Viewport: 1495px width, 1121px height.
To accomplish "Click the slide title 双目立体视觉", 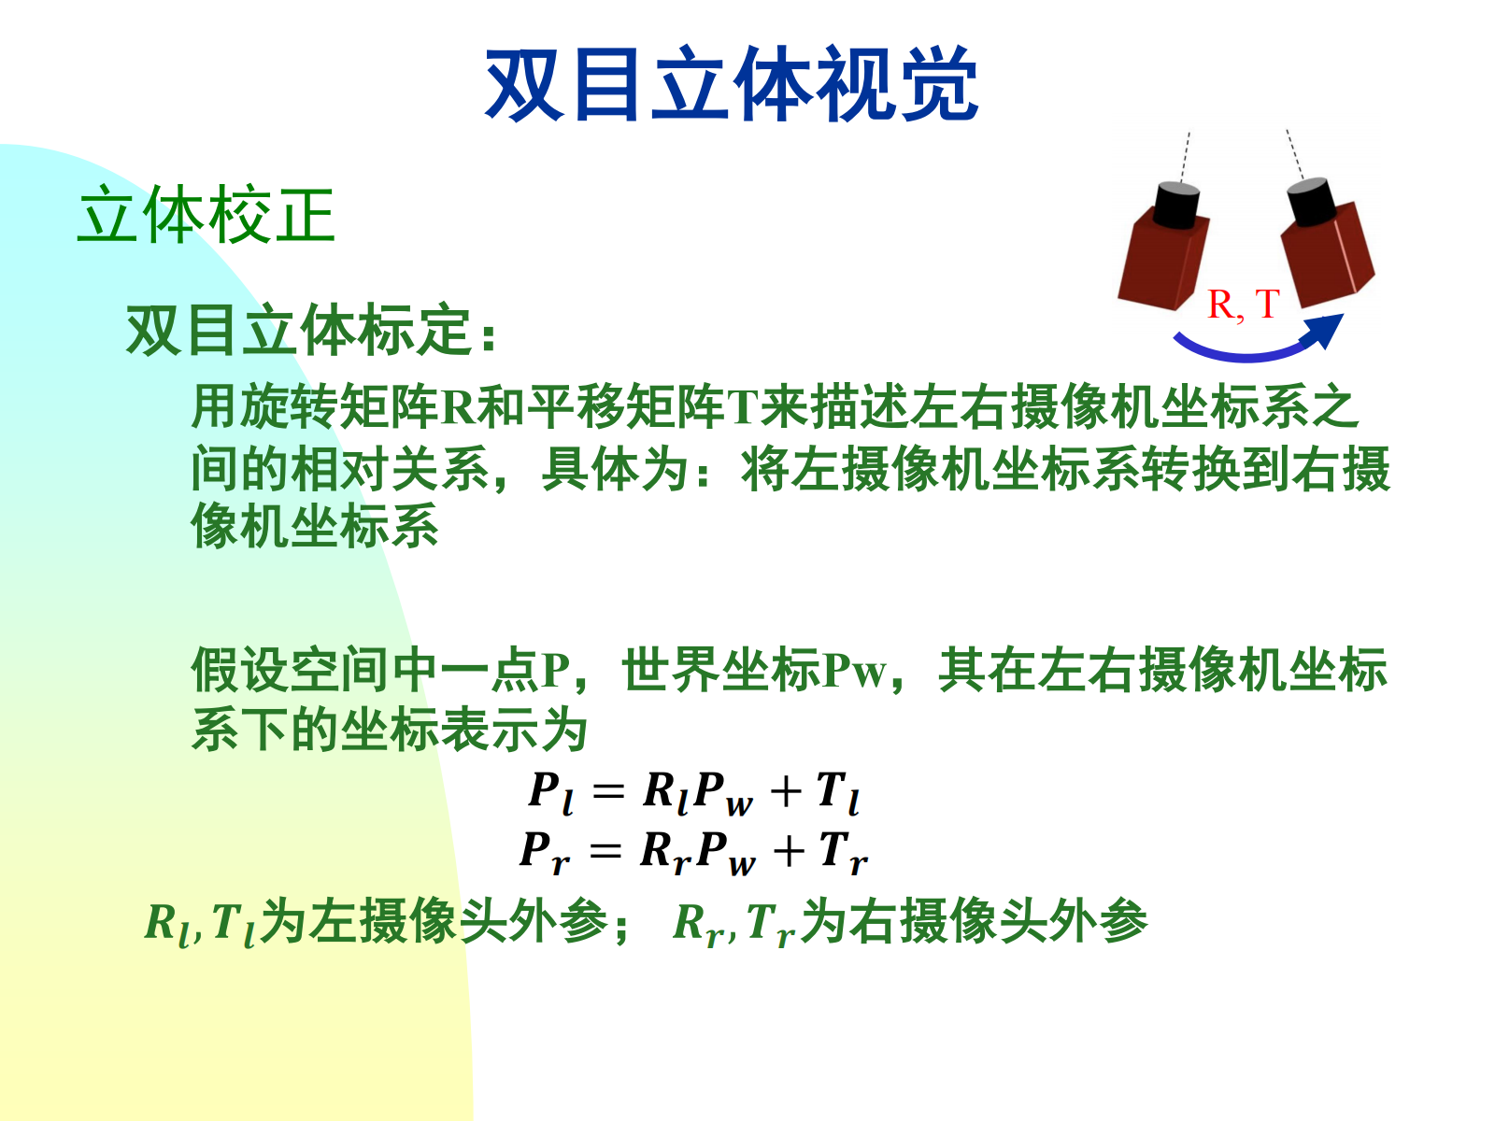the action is point(732,84).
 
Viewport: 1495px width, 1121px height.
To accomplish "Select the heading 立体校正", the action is point(206,215).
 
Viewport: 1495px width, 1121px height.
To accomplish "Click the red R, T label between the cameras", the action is point(1243,304).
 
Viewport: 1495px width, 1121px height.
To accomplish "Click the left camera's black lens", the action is point(1176,205).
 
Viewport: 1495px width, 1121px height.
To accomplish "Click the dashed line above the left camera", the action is point(1185,157).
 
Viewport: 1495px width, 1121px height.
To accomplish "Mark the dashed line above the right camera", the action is point(1295,154).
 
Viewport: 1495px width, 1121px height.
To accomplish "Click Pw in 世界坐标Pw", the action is point(855,671).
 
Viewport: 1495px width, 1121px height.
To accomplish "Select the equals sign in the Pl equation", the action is point(608,791).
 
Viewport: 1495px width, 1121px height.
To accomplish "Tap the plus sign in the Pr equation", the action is point(789,851).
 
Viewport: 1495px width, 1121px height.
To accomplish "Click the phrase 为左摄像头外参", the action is point(434,921).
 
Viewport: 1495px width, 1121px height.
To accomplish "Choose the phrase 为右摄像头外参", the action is point(974,921).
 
